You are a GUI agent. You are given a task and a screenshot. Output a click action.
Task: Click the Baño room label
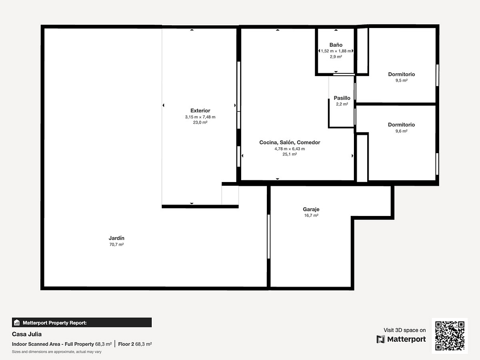click(x=336, y=45)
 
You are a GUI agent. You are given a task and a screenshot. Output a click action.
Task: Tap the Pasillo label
click(x=342, y=98)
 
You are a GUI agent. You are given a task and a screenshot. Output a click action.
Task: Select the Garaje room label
click(x=311, y=210)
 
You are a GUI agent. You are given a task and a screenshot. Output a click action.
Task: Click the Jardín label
click(x=116, y=238)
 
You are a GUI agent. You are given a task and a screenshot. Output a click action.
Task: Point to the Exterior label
click(x=200, y=111)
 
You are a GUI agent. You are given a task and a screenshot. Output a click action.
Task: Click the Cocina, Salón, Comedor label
click(x=290, y=142)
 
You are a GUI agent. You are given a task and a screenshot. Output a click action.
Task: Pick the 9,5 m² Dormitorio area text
click(x=401, y=81)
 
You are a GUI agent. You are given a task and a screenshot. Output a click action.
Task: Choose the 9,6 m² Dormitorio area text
click(x=401, y=131)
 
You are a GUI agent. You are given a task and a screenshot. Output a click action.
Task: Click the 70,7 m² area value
click(x=116, y=244)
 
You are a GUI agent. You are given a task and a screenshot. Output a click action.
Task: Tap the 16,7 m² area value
click(x=311, y=216)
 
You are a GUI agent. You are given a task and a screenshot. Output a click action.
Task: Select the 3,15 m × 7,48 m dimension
click(x=200, y=117)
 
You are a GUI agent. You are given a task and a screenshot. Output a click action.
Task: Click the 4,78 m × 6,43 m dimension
click(x=290, y=149)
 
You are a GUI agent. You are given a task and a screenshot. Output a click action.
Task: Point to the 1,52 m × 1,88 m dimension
click(x=336, y=51)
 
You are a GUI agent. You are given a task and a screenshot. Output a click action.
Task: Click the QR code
click(x=450, y=336)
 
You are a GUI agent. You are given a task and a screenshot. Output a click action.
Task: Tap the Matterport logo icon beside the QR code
click(x=381, y=339)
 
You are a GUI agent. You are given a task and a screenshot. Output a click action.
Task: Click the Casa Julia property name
click(x=27, y=334)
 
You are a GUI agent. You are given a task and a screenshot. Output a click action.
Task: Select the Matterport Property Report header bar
click(x=82, y=322)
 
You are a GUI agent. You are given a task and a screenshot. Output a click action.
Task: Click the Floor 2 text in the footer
click(x=126, y=344)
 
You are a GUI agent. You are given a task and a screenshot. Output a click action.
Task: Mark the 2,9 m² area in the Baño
click(x=336, y=56)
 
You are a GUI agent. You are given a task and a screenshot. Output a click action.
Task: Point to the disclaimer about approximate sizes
click(x=57, y=352)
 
